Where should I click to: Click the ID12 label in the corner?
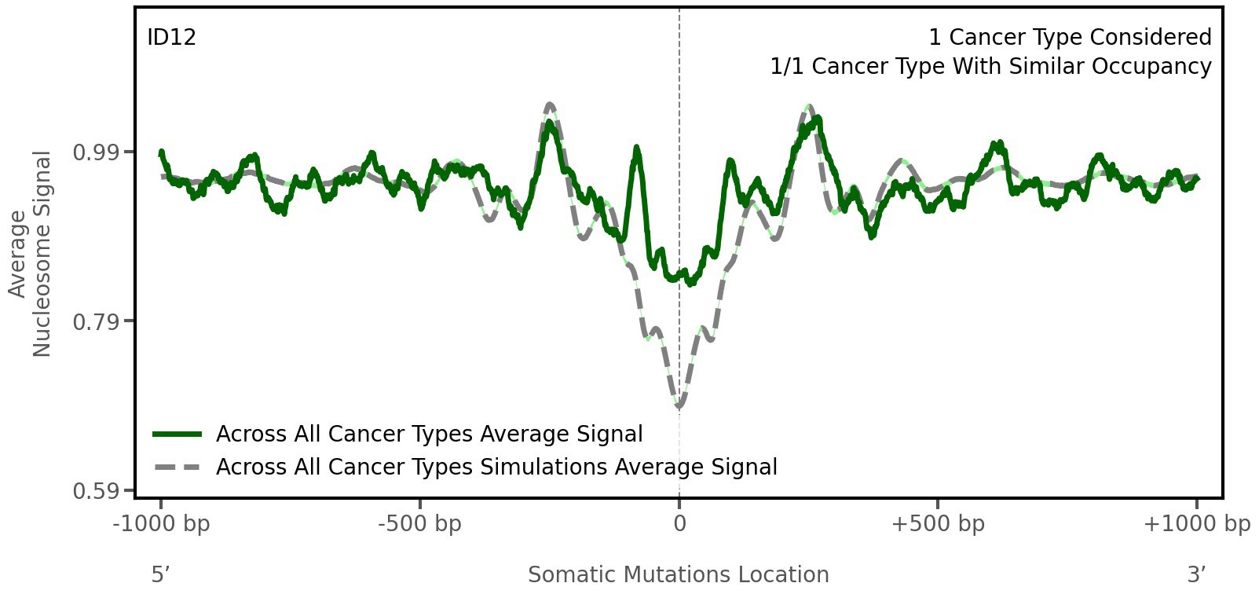coord(171,38)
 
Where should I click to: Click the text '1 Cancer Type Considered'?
coord(1070,38)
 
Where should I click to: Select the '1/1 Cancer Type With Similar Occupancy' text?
coord(990,67)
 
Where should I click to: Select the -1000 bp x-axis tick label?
coord(162,524)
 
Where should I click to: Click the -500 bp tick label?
coord(419,524)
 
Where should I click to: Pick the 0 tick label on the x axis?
coord(679,524)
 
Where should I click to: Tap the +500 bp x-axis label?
coord(938,524)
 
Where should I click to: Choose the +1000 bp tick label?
coord(1196,524)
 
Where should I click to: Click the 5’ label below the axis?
coord(160,575)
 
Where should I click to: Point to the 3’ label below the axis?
coord(1196,575)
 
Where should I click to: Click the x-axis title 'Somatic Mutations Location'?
coord(678,575)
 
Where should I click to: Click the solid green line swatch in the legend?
coord(178,434)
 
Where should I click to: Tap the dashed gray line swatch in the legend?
coord(178,467)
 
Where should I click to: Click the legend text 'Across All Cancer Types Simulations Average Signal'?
coord(496,467)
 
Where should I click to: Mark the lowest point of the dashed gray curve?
coord(679,406)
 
